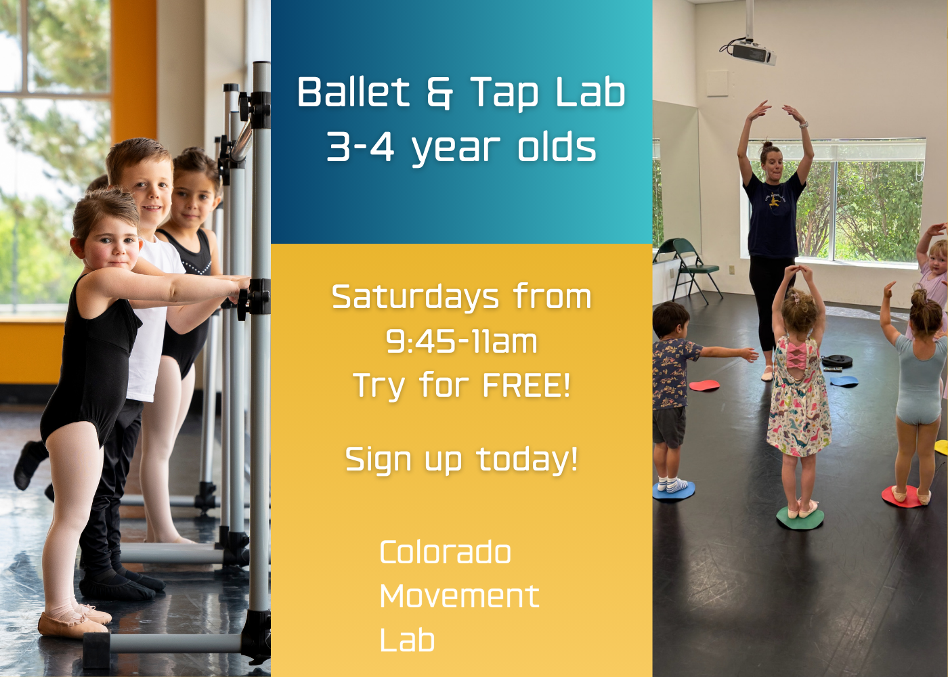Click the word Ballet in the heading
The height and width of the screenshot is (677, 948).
[353, 92]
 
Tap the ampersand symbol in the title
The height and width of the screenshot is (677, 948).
[439, 93]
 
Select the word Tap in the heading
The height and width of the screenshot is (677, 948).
[504, 93]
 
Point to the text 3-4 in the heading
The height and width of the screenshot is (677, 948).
[360, 147]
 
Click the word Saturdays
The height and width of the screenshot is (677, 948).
[415, 297]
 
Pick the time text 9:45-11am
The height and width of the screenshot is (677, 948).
[461, 341]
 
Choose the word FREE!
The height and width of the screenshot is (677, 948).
[527, 385]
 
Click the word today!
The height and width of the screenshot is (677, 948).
[527, 460]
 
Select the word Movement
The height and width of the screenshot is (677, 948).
[459, 596]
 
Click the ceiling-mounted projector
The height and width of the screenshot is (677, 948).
[748, 50]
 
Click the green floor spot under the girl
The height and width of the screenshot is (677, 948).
[800, 518]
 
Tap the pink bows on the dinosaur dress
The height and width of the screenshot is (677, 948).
[796, 355]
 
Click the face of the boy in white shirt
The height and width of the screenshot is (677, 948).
[148, 192]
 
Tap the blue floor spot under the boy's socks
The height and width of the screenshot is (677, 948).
[673, 491]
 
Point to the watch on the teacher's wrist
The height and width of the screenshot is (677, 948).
[803, 125]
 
